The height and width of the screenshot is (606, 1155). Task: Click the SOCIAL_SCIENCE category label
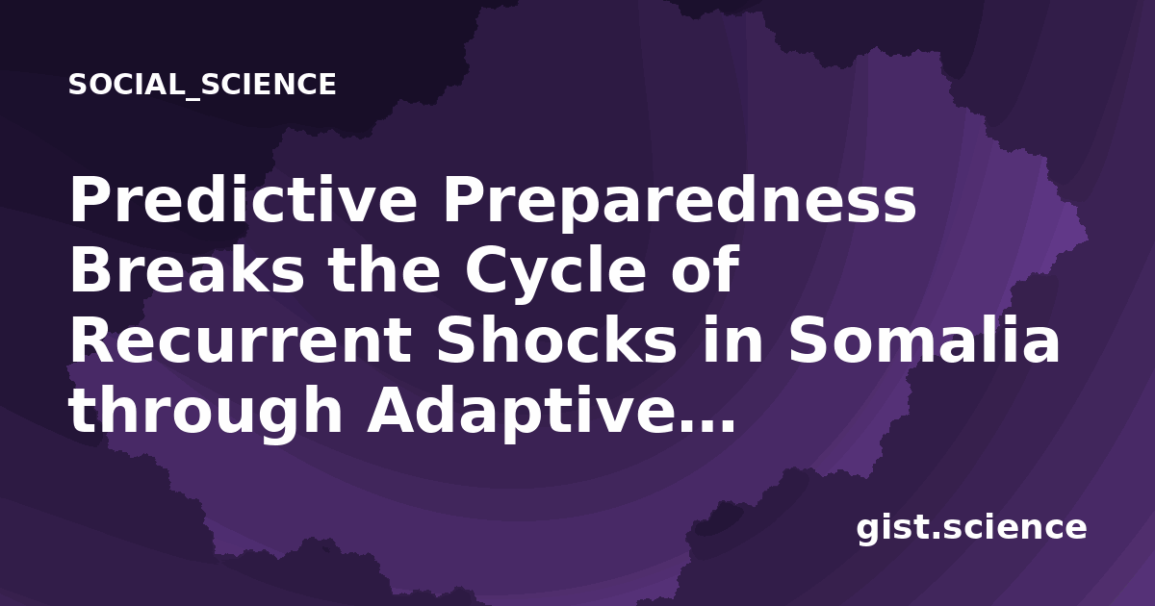(x=202, y=85)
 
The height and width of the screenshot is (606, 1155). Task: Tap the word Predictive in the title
(x=243, y=199)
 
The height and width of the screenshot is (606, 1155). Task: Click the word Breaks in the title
(x=187, y=268)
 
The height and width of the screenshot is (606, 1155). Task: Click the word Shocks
(x=556, y=339)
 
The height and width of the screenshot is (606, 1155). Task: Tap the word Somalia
(x=923, y=339)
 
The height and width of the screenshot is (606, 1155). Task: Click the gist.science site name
(x=971, y=529)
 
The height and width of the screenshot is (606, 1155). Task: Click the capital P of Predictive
(x=90, y=199)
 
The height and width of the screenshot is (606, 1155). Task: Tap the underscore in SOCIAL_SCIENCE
(x=192, y=98)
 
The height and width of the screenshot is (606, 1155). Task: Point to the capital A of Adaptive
(x=393, y=409)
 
